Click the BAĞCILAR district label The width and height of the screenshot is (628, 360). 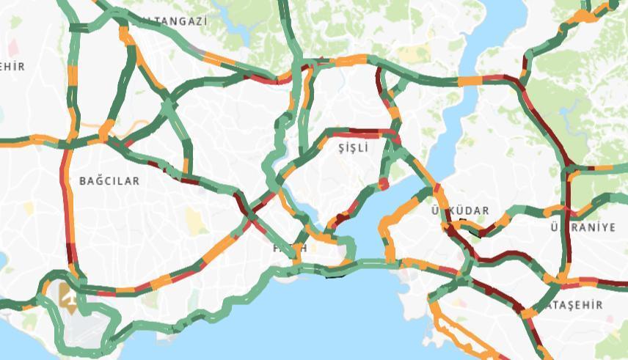(x=109, y=180)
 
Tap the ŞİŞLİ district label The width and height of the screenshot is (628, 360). (x=351, y=148)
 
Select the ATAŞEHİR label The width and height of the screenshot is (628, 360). (x=577, y=304)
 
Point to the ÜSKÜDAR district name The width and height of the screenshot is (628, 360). (x=460, y=211)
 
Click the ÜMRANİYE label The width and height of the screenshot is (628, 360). (x=584, y=227)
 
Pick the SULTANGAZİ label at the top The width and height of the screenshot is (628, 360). (x=172, y=21)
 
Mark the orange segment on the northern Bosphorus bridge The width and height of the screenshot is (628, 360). (x=470, y=80)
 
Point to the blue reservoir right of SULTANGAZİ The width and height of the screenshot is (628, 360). (x=238, y=26)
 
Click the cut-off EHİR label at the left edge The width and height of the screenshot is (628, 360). (x=12, y=66)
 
